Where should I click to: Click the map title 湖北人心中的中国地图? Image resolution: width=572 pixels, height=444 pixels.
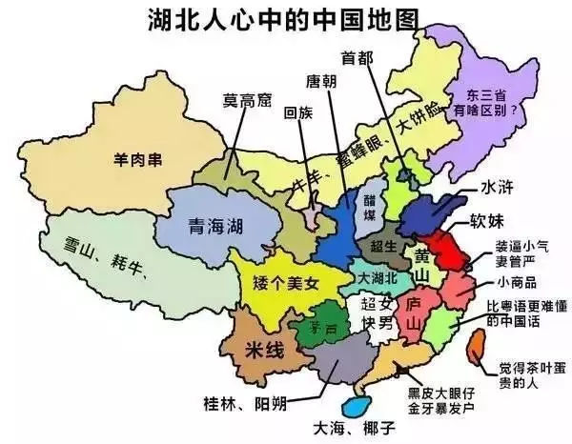(285, 18)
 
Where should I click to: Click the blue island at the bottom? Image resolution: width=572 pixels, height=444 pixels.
(357, 407)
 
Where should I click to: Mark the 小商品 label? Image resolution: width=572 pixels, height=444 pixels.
(517, 283)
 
